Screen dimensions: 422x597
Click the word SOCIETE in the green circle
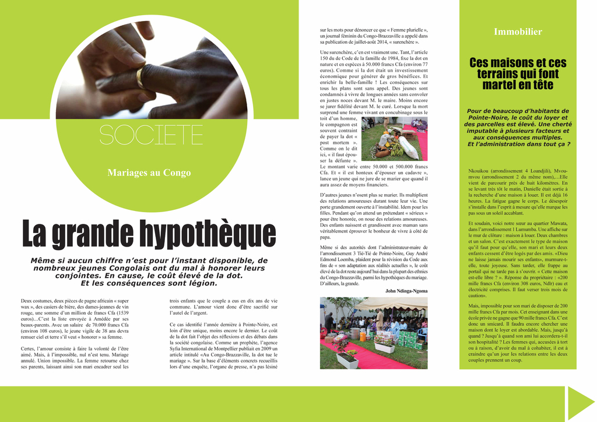click(x=151, y=134)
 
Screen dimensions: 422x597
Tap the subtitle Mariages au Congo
click(x=149, y=173)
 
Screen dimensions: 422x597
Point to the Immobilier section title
click(x=518, y=32)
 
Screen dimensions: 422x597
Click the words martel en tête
click(x=518, y=85)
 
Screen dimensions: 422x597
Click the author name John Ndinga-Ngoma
click(x=406, y=290)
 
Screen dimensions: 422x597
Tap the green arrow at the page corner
click(x=580, y=403)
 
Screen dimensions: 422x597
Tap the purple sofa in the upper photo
click(x=420, y=124)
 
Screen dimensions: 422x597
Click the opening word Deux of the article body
click(x=27, y=300)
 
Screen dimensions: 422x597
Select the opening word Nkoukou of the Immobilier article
click(x=479, y=170)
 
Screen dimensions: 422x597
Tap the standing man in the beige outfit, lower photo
click(x=380, y=318)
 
